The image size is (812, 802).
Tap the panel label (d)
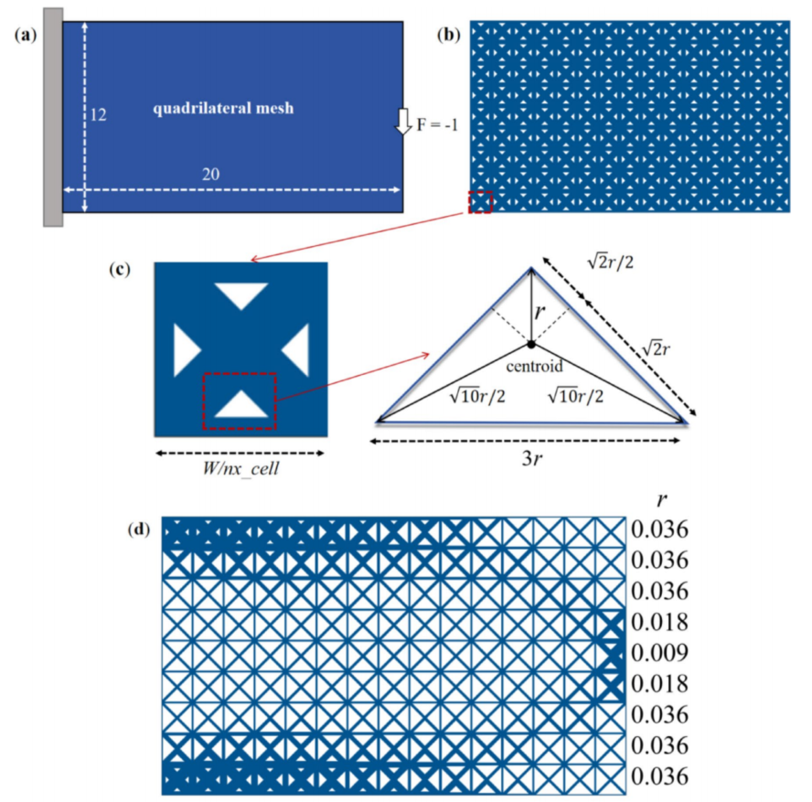[142, 528]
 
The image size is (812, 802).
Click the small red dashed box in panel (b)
[481, 202]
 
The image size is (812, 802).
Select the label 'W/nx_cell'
[240, 472]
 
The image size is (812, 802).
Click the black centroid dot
[530, 345]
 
